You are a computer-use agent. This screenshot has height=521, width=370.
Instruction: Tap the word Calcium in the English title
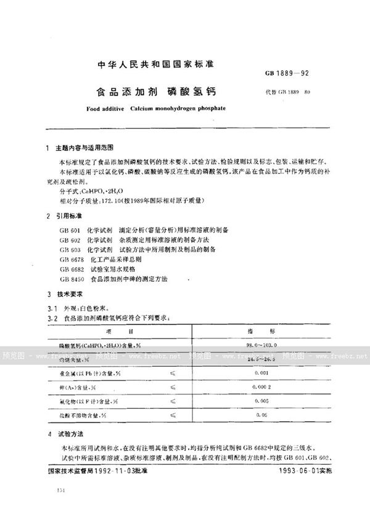(x=145, y=108)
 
